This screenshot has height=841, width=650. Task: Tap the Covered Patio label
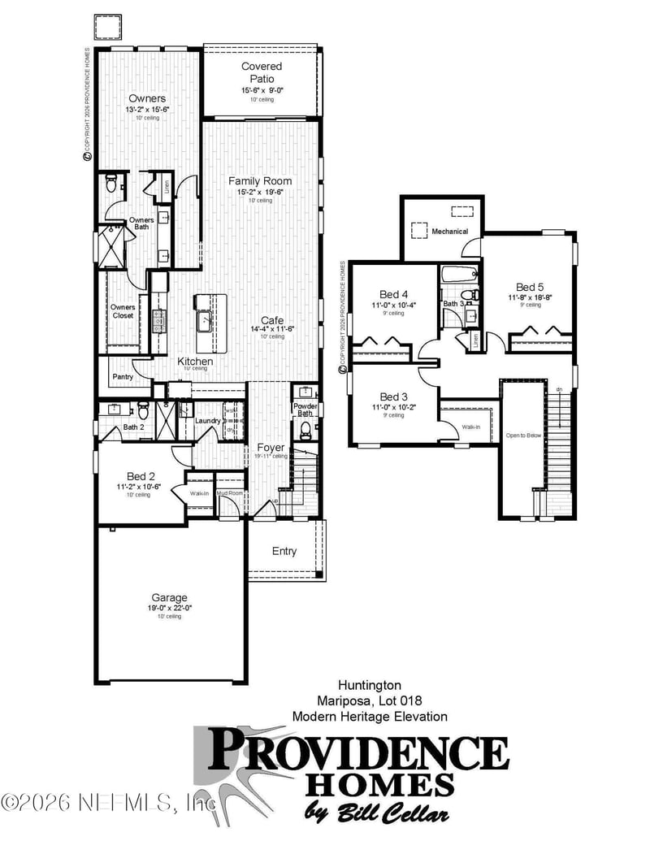[x=262, y=72]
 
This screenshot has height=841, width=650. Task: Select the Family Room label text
[x=260, y=180]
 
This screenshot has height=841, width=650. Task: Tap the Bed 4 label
[x=393, y=294]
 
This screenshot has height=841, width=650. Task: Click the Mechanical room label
[x=450, y=232]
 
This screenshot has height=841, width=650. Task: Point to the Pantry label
[x=122, y=377]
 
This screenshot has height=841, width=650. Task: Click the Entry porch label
[x=284, y=551]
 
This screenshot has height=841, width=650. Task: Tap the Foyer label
[x=271, y=448]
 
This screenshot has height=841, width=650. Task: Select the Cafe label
[x=271, y=319]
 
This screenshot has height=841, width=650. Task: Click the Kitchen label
[x=195, y=361]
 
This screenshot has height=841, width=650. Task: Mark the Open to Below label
[x=523, y=435]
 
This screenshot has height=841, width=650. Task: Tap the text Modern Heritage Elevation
[x=370, y=716]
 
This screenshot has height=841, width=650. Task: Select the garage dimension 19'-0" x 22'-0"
[x=169, y=607]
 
